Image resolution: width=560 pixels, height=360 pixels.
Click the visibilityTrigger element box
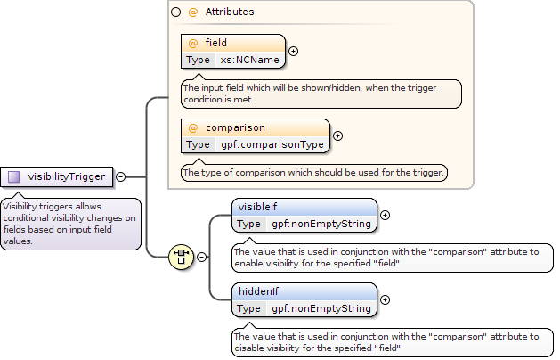click(56, 176)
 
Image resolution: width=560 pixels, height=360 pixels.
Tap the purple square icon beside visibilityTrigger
click(14, 176)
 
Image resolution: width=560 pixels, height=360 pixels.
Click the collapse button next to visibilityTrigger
click(121, 176)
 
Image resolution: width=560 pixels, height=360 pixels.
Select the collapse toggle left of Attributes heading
click(175, 12)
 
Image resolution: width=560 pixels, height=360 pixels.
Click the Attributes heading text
click(230, 12)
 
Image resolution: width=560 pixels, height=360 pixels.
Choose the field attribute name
click(215, 43)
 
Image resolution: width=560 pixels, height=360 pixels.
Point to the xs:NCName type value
click(249, 60)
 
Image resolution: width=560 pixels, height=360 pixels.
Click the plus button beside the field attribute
click(293, 51)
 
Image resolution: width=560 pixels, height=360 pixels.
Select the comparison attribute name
click(235, 127)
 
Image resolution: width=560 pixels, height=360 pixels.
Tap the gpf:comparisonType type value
click(272, 144)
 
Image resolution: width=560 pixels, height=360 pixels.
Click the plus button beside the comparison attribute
click(337, 135)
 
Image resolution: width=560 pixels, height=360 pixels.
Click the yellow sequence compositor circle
click(181, 257)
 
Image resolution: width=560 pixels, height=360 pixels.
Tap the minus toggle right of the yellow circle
click(201, 257)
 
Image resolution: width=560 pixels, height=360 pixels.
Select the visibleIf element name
click(257, 207)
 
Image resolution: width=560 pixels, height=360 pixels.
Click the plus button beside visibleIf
click(385, 216)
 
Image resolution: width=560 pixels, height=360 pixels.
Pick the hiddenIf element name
click(258, 291)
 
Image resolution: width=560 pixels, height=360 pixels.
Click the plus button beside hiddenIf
click(385, 300)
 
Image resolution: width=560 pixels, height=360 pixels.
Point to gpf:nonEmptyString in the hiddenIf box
click(321, 308)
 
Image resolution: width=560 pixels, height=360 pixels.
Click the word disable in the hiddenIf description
click(248, 348)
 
